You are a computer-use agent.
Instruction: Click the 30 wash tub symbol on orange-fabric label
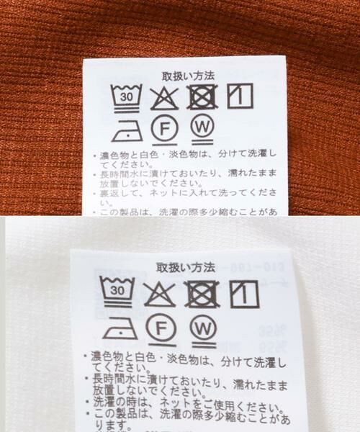click(x=127, y=96)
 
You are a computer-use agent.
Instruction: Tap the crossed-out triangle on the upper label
click(x=165, y=96)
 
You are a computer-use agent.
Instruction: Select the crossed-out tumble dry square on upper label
click(x=202, y=96)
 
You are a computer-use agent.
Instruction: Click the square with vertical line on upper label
click(x=240, y=96)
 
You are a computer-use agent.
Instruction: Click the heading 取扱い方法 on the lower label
click(x=185, y=267)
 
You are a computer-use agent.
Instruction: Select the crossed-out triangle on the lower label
click(x=159, y=292)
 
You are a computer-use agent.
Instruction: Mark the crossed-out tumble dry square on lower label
click(x=202, y=292)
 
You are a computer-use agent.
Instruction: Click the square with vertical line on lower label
click(x=243, y=292)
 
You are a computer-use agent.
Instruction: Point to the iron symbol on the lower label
click(x=116, y=330)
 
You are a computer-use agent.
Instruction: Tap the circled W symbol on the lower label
click(x=204, y=329)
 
